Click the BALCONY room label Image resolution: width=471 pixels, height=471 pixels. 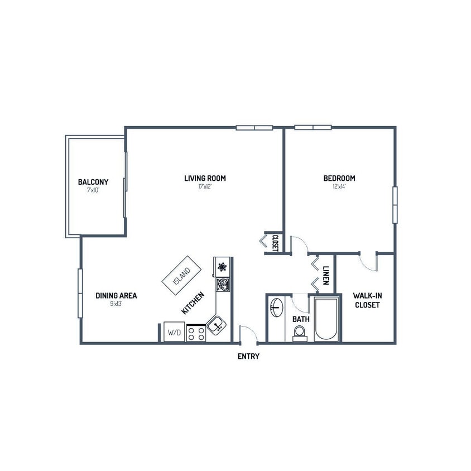pos(93,182)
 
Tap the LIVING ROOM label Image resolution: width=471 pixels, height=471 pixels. pos(205,179)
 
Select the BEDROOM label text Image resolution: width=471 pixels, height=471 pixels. pos(339,179)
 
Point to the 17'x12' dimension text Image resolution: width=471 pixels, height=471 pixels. pos(205,187)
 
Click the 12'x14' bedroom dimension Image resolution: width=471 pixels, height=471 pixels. pos(339,187)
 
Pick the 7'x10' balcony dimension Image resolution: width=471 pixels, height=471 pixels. pos(93,190)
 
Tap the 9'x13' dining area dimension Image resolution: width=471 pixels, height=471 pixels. pos(116,304)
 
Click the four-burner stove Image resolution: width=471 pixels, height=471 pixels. pos(196,333)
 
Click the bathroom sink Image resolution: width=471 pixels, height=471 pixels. pos(276,307)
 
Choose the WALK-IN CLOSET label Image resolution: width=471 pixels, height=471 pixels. pos(366,301)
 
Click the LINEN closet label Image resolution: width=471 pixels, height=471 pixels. pos(326,275)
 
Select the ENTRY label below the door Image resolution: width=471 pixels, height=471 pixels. pos(248,357)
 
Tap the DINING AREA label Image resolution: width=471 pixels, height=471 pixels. pos(116,296)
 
